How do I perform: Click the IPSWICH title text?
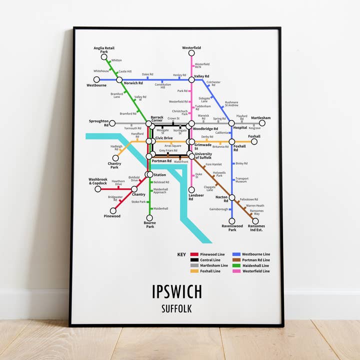click(177, 291)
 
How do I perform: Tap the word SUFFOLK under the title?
click(177, 308)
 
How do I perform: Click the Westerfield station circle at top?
click(191, 53)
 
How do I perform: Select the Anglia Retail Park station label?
click(104, 50)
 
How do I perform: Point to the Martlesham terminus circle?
click(262, 123)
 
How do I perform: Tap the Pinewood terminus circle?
click(113, 210)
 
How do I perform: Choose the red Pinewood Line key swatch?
click(194, 254)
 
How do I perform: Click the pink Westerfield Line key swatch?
click(236, 271)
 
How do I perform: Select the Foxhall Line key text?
click(210, 271)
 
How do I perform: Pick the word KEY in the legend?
click(181, 254)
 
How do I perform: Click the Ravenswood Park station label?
click(232, 228)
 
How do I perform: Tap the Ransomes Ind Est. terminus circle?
click(255, 220)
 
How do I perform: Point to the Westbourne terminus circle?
click(96, 79)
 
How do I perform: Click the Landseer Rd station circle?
click(191, 189)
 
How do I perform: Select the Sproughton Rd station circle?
click(112, 123)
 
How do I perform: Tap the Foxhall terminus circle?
click(254, 141)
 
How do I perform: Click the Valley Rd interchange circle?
click(191, 79)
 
